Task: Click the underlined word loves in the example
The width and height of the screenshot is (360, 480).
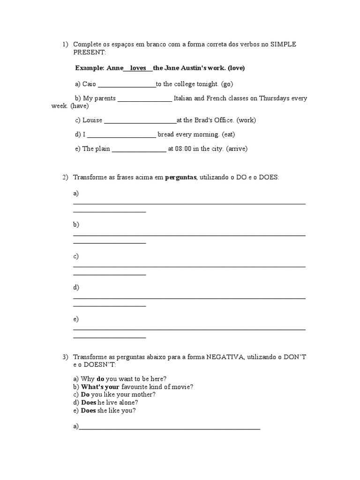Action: coord(138,68)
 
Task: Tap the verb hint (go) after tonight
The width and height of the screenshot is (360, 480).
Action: coord(225,84)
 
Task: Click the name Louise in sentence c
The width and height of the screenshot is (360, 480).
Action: coord(92,120)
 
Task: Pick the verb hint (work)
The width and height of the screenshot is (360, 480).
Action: coord(246,120)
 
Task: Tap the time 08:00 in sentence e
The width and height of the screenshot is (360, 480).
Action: coord(183,149)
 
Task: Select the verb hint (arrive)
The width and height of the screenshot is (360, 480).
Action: coord(237,149)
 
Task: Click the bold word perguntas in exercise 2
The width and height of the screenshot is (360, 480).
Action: coord(180,178)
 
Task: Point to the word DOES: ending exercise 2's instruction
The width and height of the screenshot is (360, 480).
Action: coord(269,178)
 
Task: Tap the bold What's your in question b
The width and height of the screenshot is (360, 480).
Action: coord(100,387)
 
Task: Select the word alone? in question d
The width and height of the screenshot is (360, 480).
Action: coord(127,402)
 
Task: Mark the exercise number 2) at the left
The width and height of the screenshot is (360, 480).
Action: coord(65,178)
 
